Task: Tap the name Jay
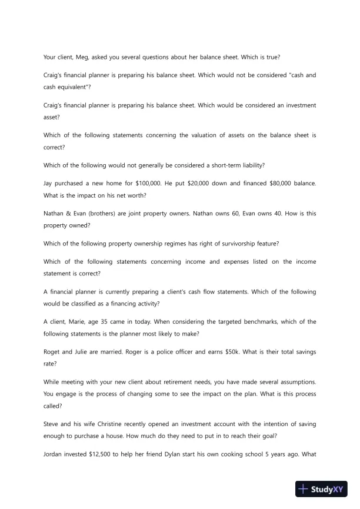(x=49, y=184)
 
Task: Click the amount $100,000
(x=146, y=184)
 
